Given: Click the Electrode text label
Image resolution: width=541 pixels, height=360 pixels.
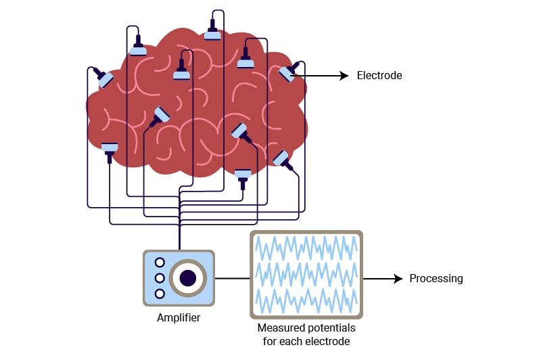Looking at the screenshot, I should pos(379,76).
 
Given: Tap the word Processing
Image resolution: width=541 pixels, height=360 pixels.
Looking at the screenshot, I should pos(436,278).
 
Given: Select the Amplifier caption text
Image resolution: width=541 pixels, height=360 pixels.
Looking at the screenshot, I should pos(179,317).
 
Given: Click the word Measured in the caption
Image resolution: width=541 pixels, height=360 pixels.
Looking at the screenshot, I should pos(281,328).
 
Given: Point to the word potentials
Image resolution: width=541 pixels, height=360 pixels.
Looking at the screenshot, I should pos(331,328).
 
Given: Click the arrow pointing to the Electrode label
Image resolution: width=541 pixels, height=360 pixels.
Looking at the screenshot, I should pos(325,76).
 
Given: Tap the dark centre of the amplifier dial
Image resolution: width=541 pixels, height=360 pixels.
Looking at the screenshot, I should pos(187,277).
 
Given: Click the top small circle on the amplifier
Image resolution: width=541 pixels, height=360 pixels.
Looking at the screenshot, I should pos(160,263).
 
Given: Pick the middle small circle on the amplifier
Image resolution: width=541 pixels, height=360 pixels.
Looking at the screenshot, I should pos(160,278).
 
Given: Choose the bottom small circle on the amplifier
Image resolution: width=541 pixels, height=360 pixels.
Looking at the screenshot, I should pos(160,294).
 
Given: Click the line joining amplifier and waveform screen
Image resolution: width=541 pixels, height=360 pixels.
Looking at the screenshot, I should pos(232,278).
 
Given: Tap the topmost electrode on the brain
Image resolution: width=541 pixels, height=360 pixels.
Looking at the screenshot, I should pos(213,32).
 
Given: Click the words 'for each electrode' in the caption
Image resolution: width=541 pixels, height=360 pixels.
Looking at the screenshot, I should pos(306,341).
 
